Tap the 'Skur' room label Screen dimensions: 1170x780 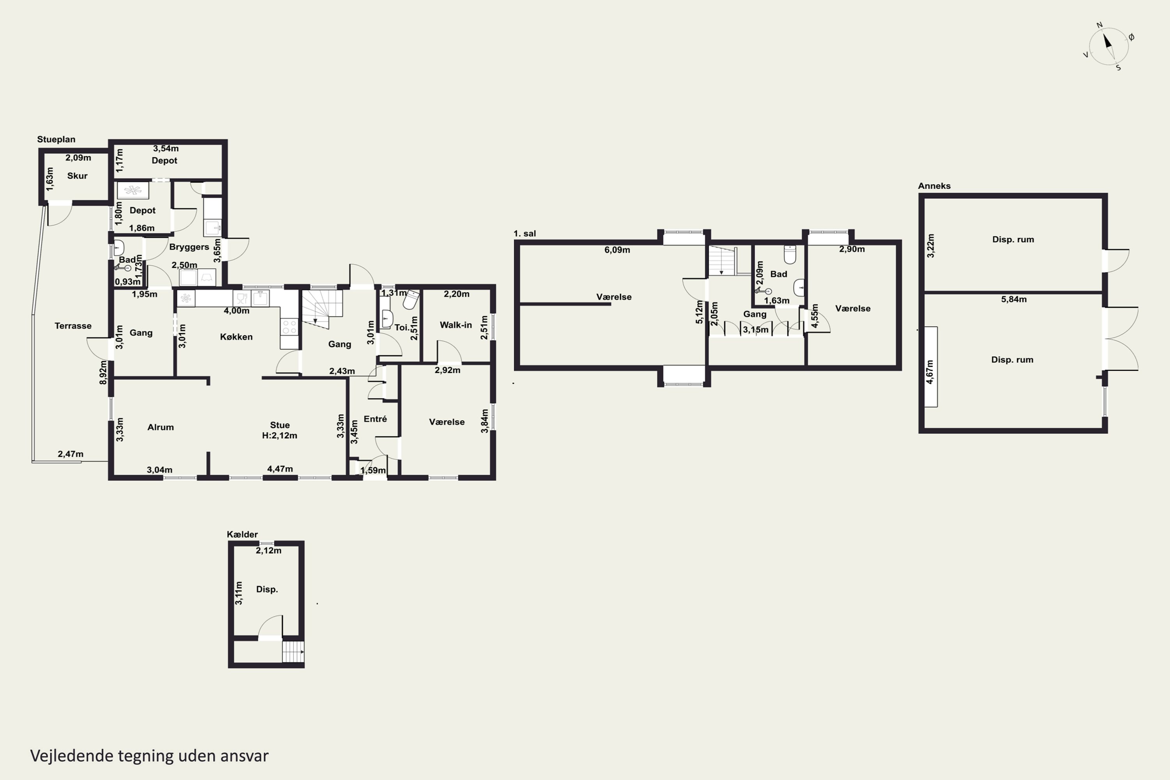(77, 175)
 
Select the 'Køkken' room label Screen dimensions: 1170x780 (236, 337)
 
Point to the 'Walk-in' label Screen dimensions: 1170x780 (456, 325)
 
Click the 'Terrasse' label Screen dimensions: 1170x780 (73, 326)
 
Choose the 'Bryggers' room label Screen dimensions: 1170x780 (189, 247)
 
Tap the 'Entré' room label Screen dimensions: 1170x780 (375, 419)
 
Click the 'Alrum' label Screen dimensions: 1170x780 (161, 427)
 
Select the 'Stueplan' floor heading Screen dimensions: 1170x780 (56, 139)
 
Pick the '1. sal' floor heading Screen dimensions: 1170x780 (525, 233)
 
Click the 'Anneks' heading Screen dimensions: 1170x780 (934, 186)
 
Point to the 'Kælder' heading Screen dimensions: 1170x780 (242, 534)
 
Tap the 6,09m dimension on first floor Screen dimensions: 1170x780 (617, 250)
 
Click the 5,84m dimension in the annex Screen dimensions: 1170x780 (1014, 300)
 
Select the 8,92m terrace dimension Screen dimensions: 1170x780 (103, 372)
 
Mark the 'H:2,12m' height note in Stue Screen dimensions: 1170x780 (280, 435)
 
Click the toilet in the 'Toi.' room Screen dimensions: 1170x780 (411, 300)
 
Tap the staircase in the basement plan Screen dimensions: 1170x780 (293, 652)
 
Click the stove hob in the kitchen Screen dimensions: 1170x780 (289, 327)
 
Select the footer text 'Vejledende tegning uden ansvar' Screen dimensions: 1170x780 (149, 756)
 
